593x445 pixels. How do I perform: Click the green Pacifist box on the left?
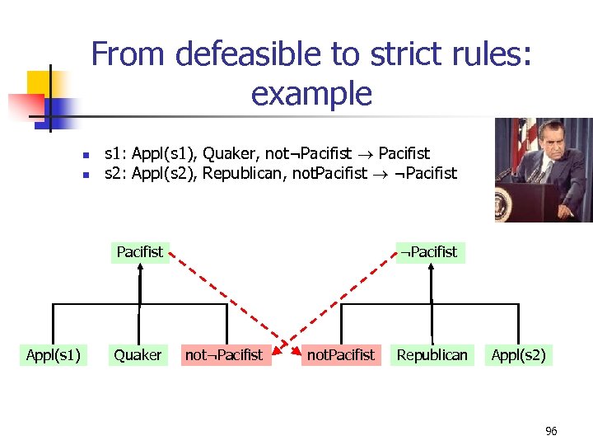pos(139,251)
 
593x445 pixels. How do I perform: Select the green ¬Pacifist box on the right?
pos(429,251)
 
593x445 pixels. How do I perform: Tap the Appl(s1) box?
pos(53,354)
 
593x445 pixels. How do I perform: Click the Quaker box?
pos(138,354)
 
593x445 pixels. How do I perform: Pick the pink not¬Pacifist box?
pos(223,354)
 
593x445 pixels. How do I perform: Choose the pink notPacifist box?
pos(340,354)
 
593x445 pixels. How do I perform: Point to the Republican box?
pos(432,354)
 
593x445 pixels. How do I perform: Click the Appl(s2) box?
pos(518,354)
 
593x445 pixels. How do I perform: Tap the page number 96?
pos(551,431)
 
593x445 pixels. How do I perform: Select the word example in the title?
pos(311,93)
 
